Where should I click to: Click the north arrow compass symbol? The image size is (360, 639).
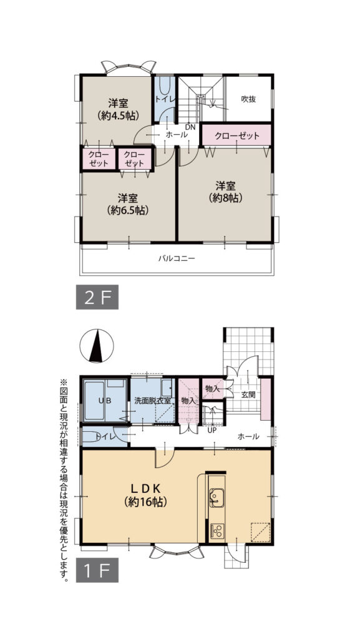97,346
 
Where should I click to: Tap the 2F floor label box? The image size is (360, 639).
97,298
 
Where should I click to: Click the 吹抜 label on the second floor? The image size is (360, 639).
248,99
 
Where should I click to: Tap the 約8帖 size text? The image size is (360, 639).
225,198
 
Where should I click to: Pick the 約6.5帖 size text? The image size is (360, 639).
128,210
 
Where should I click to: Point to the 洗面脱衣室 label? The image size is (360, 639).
152,401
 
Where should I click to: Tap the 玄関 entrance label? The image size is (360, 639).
248,395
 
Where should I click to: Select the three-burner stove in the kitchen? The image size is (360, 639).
217,530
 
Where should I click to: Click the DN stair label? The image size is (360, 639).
190,127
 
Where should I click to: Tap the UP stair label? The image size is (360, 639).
212,430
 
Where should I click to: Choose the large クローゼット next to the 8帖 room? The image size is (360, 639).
236,135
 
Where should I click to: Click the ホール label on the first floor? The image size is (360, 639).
248,437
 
